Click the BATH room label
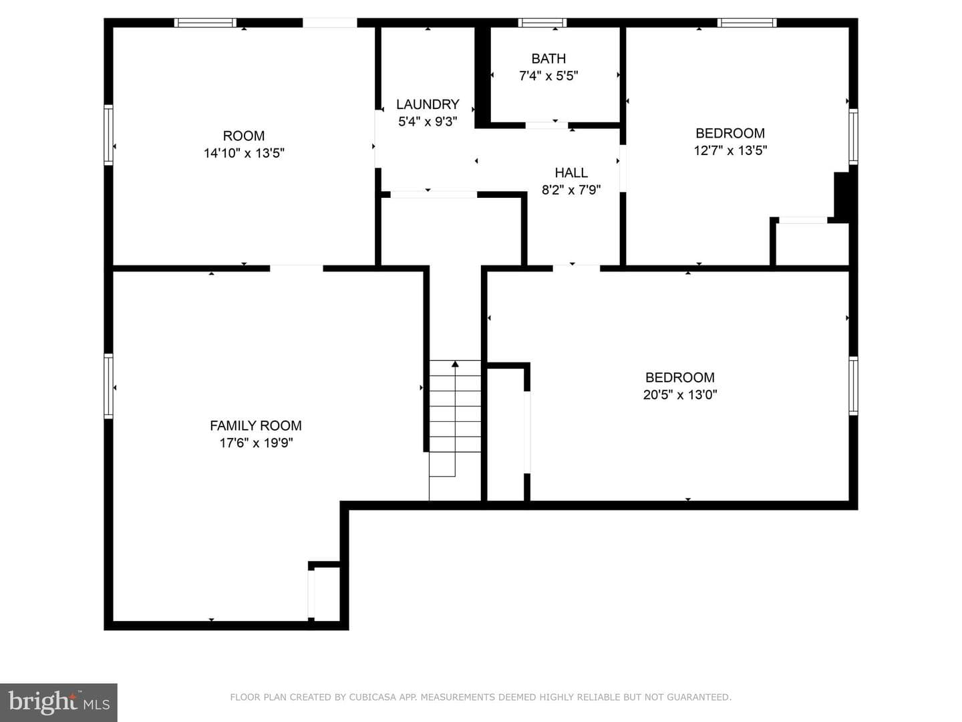[x=548, y=58]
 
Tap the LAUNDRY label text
[x=428, y=104]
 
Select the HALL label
[x=571, y=172]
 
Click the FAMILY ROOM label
[x=255, y=426]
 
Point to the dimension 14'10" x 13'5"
[x=244, y=153]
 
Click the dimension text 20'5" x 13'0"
[x=680, y=394]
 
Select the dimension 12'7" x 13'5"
[x=730, y=150]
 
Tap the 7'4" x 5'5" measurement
[x=548, y=76]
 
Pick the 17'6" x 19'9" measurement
[x=256, y=443]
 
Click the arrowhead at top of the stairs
[x=456, y=364]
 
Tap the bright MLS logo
[x=59, y=703]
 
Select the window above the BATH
[x=542, y=23]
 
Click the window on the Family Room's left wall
[x=108, y=386]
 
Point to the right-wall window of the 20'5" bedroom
[x=853, y=386]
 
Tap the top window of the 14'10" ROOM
[x=205, y=23]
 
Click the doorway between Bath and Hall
[x=546, y=126]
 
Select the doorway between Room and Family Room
[x=296, y=268]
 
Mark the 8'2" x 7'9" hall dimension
[x=571, y=190]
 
